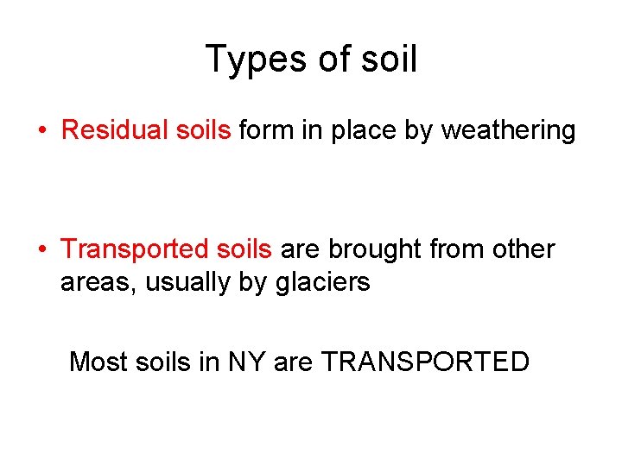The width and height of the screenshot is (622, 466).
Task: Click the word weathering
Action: (508, 131)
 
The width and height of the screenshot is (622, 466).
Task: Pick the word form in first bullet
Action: (261, 130)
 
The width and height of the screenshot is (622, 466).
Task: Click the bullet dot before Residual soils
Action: (41, 131)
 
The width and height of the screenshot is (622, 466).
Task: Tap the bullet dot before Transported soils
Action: (41, 250)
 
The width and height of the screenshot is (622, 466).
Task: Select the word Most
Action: (98, 361)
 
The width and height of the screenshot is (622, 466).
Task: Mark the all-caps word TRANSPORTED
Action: (425, 361)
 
